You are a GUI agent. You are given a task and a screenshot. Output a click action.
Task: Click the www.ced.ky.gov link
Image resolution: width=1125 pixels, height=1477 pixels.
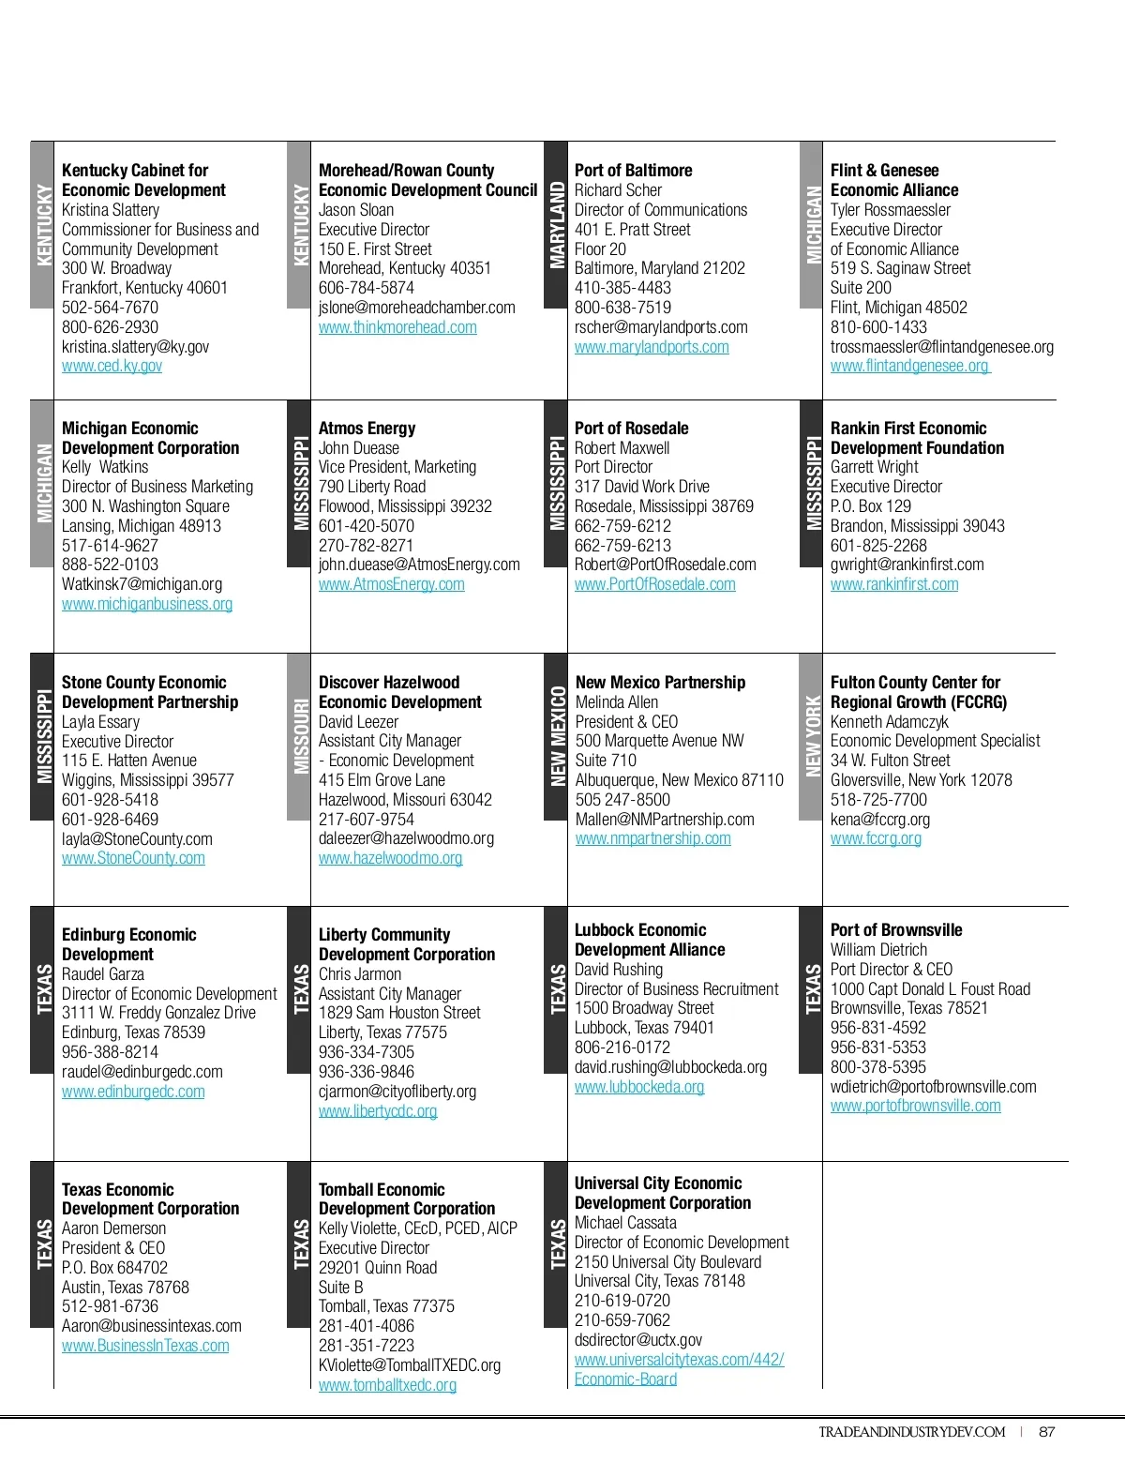pyautogui.click(x=112, y=366)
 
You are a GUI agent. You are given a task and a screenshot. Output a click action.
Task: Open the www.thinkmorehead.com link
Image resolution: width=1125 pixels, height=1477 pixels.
pyautogui.click(x=397, y=327)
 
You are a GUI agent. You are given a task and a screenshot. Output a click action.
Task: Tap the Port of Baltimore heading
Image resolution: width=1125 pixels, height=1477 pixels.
pyautogui.click(x=633, y=170)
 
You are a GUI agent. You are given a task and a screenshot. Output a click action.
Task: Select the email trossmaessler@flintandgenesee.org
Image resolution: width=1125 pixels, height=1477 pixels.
pyautogui.click(x=941, y=347)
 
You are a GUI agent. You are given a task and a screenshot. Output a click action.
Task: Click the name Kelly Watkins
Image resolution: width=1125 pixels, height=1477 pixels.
pyautogui.click(x=105, y=467)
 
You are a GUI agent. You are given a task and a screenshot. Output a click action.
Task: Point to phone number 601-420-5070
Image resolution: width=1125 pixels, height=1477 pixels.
pyautogui.click(x=366, y=526)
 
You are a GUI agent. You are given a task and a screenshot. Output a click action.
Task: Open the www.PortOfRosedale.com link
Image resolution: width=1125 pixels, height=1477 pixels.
pyautogui.click(x=654, y=584)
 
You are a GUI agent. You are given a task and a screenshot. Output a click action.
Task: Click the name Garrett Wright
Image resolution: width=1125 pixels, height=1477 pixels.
pyautogui.click(x=874, y=467)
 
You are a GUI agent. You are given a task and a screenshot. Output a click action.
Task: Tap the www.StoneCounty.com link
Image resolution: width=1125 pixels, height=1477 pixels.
pyautogui.click(x=133, y=858)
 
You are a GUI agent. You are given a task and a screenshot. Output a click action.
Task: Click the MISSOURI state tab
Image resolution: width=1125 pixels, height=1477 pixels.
pyautogui.click(x=300, y=736)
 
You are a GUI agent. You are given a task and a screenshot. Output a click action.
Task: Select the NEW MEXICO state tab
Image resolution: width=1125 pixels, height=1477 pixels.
pyautogui.click(x=557, y=736)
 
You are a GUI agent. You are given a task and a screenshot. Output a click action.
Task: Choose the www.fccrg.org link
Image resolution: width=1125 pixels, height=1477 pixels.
pyautogui.click(x=876, y=838)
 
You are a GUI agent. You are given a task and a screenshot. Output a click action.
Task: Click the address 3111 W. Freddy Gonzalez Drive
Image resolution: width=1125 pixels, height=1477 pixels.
pyautogui.click(x=158, y=1013)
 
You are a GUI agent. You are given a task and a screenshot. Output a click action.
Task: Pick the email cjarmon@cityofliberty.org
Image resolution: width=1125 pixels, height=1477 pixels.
pyautogui.click(x=397, y=1092)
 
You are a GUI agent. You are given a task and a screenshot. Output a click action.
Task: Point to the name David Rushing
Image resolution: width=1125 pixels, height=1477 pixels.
pyautogui.click(x=618, y=970)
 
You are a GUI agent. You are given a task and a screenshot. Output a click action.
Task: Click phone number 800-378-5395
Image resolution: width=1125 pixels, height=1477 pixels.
pyautogui.click(x=877, y=1067)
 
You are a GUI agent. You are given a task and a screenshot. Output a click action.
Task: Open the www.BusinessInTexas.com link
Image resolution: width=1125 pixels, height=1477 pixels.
pyautogui.click(x=145, y=1346)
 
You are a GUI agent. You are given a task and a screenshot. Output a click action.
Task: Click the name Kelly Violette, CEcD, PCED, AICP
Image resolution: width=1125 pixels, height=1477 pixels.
pyautogui.click(x=417, y=1228)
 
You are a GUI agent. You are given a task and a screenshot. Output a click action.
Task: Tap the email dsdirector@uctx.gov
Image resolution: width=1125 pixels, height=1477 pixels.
pyautogui.click(x=637, y=1340)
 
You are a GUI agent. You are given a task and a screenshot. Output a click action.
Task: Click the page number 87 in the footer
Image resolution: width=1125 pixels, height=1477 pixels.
pyautogui.click(x=1047, y=1432)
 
